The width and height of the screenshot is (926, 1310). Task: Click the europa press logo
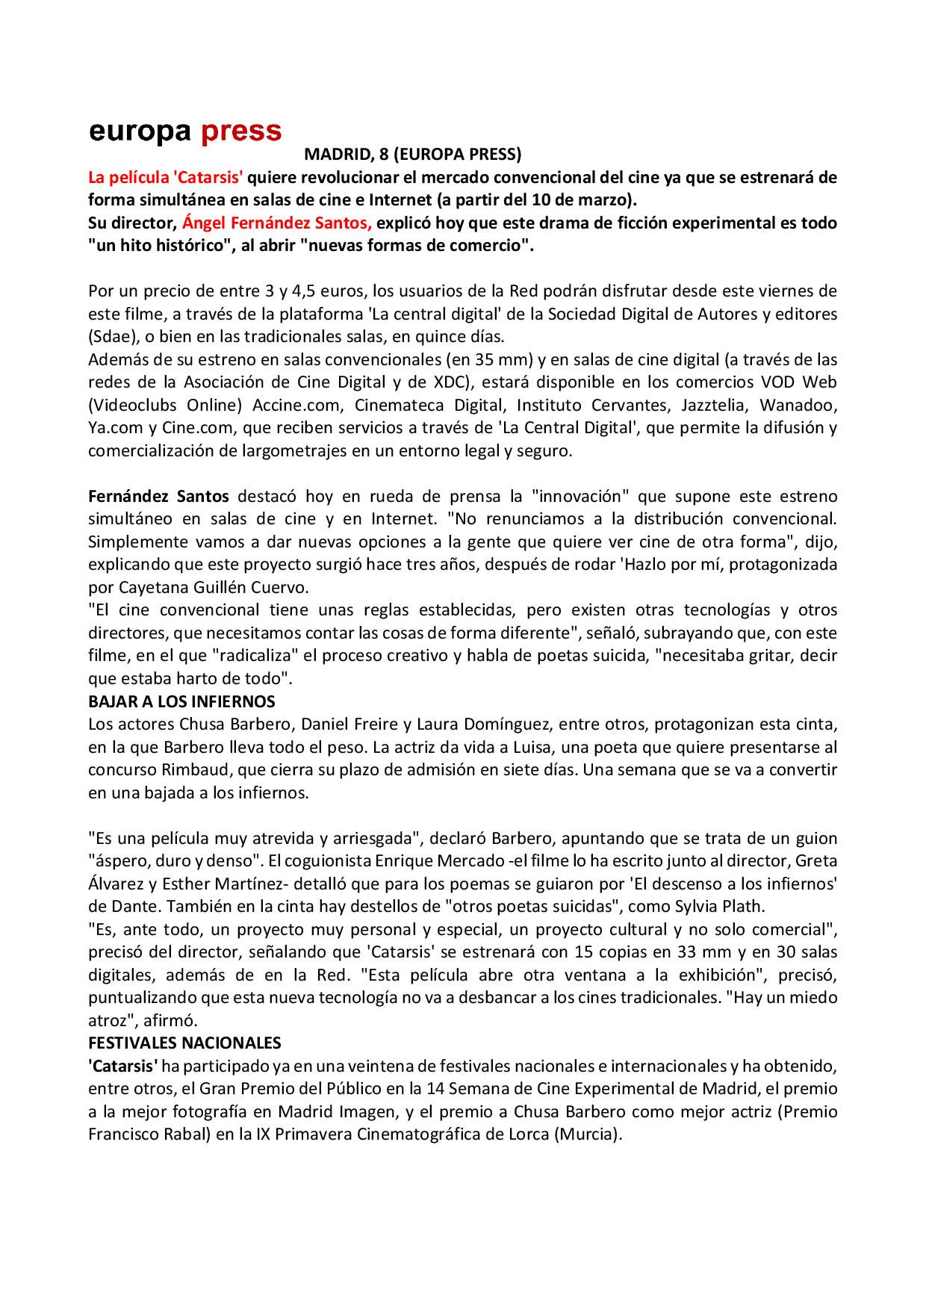click(x=185, y=131)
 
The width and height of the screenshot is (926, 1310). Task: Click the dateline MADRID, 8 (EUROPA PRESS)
click(x=412, y=155)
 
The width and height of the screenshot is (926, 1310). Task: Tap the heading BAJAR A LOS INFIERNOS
click(x=181, y=701)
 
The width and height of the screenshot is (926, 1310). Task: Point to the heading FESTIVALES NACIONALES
click(x=184, y=1042)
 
